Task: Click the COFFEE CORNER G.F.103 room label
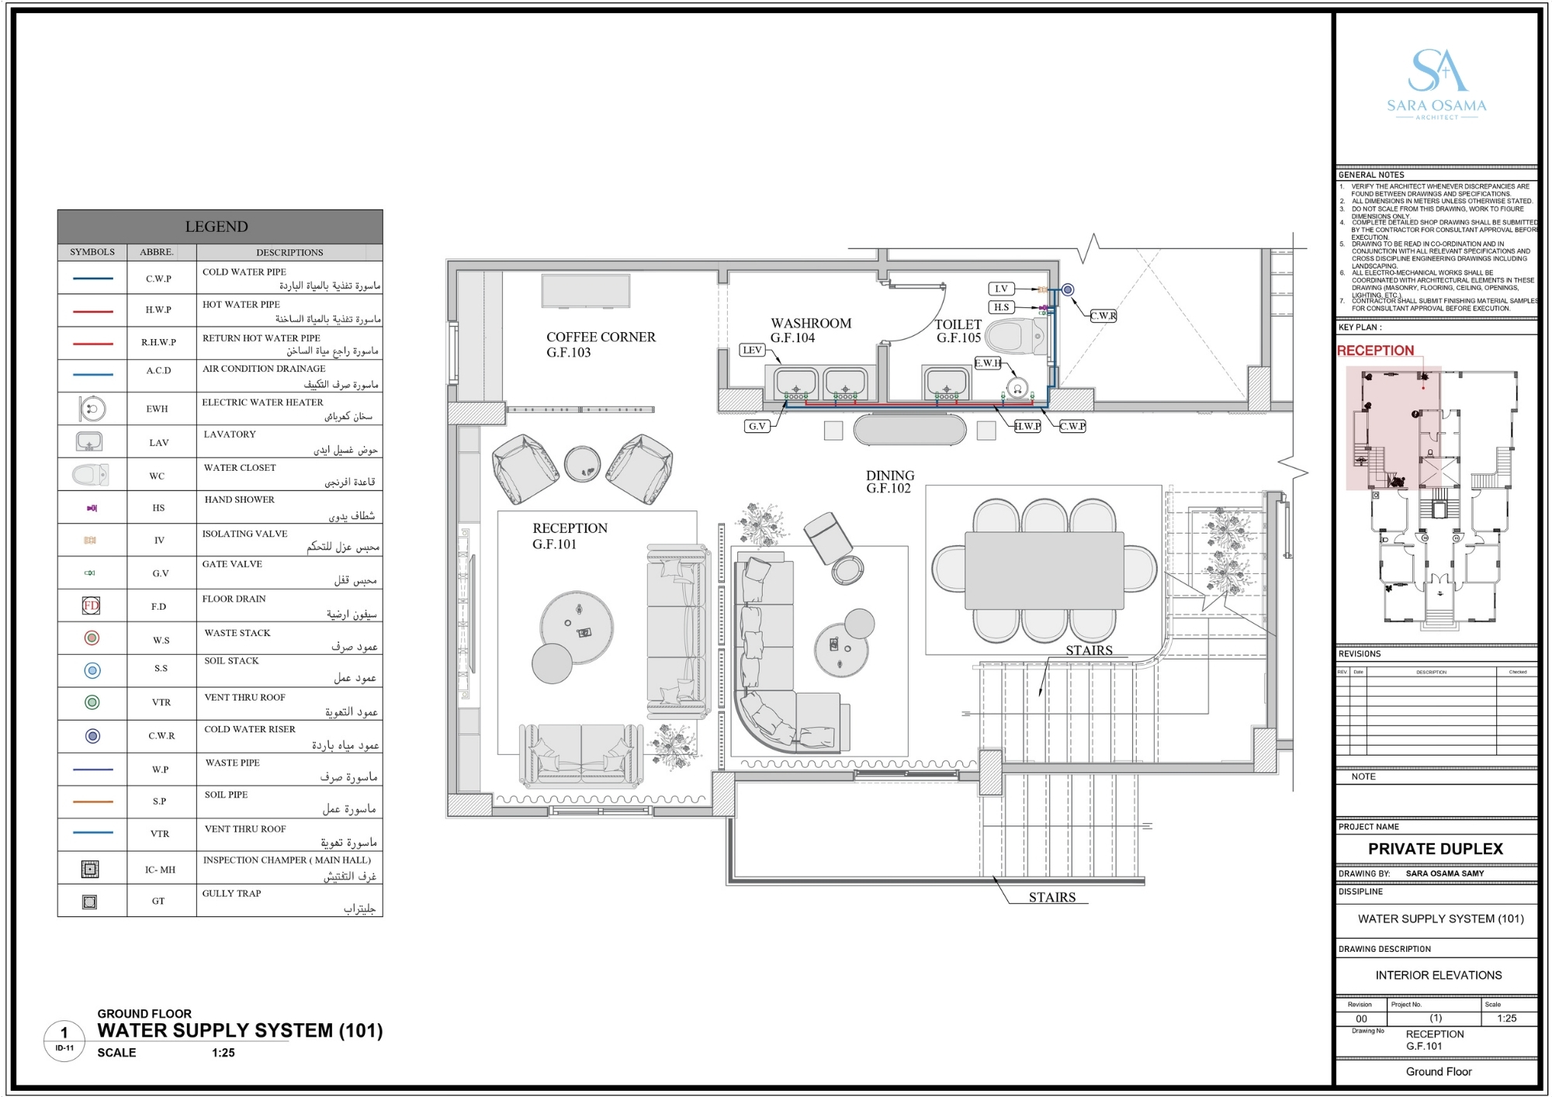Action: (x=601, y=344)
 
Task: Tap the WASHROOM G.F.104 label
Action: (x=810, y=330)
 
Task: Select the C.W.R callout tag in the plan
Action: (x=1103, y=316)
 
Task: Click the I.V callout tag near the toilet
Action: (x=1001, y=289)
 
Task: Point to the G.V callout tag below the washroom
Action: (x=757, y=426)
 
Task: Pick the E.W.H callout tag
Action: (x=987, y=363)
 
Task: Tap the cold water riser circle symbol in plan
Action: (x=1068, y=289)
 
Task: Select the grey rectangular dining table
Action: (x=1044, y=570)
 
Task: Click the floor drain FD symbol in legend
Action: (x=92, y=605)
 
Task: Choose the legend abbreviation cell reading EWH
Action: (x=158, y=409)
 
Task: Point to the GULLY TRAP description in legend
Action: (x=232, y=893)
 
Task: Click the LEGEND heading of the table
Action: (x=217, y=227)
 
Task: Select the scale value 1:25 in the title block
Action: (x=1506, y=1019)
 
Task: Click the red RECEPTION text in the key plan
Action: (x=1375, y=351)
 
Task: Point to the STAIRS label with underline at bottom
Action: (x=1051, y=897)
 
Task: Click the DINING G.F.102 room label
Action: (x=890, y=481)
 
